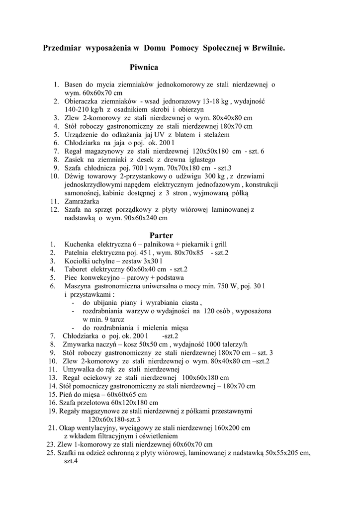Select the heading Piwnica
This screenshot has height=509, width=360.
pyautogui.click(x=144, y=67)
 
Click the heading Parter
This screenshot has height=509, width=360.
pyautogui.click(x=161, y=235)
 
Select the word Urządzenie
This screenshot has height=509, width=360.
pyautogui.click(x=84, y=134)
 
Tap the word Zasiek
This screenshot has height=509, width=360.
pyautogui.click(x=75, y=160)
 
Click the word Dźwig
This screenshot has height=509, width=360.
pyautogui.click(x=75, y=176)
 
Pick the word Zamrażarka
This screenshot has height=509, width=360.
pyautogui.click(x=82, y=202)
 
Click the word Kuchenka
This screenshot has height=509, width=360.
pyautogui.click(x=80, y=245)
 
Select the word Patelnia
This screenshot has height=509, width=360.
pyautogui.click(x=78, y=253)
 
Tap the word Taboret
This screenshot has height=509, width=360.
pyautogui.click(x=77, y=269)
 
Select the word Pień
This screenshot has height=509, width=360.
pyautogui.click(x=67, y=394)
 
